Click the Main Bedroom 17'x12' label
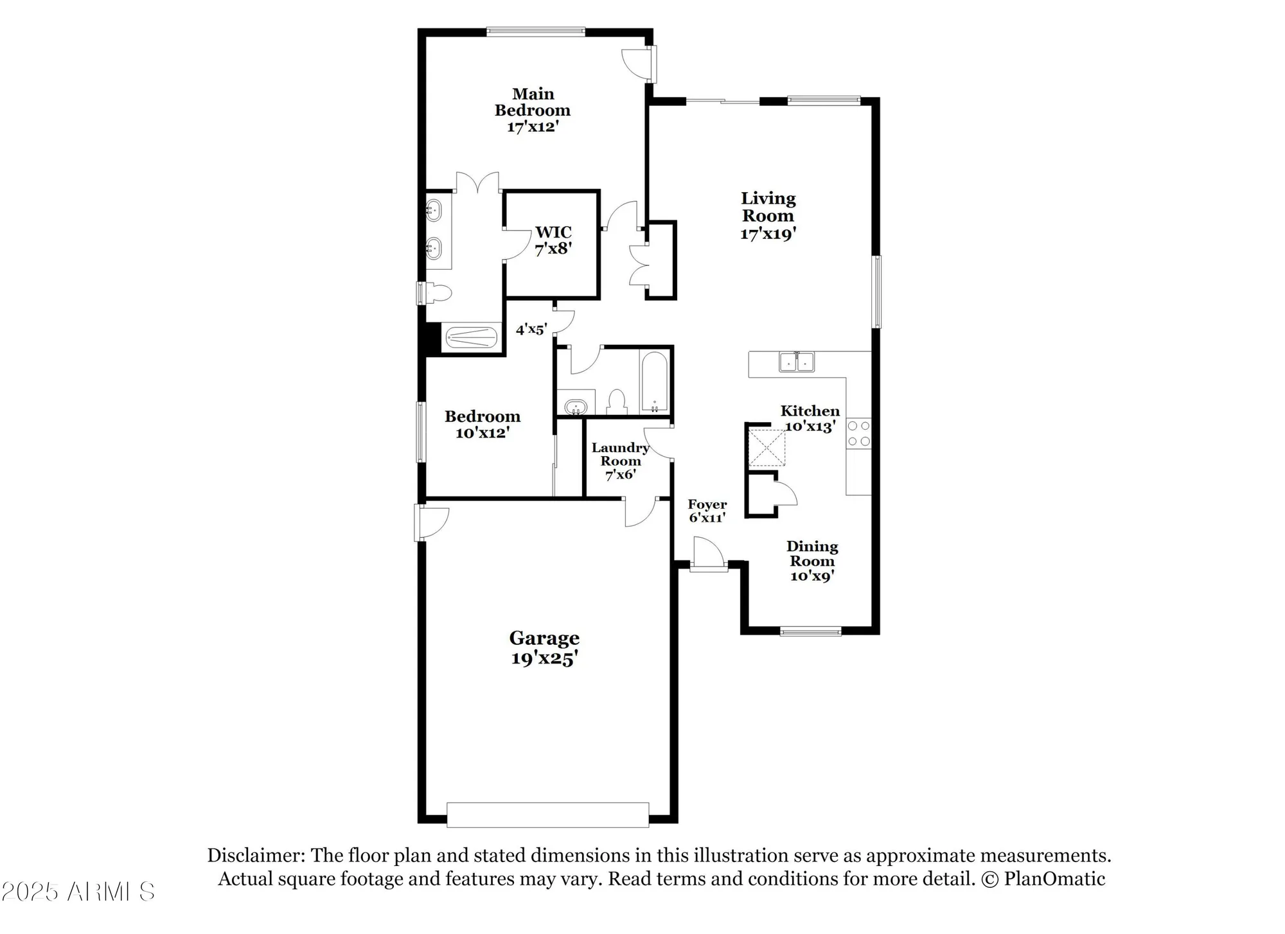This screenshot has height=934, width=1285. [x=533, y=110]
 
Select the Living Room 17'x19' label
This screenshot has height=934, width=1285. [x=768, y=216]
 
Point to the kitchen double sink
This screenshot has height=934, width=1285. [x=796, y=362]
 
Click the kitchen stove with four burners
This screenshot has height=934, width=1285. [x=858, y=434]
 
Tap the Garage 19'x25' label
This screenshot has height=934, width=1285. [x=544, y=648]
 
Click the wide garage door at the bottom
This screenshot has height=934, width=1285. [x=547, y=814]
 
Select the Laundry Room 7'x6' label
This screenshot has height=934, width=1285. [x=620, y=461]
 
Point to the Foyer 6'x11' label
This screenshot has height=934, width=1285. [x=707, y=511]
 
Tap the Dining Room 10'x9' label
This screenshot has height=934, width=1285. [x=811, y=561]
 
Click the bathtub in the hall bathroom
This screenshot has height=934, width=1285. [x=655, y=382]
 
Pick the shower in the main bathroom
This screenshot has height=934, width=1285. [x=471, y=337]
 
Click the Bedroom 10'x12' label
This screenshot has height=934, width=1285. [x=482, y=424]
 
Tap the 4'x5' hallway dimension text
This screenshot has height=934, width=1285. [x=531, y=330]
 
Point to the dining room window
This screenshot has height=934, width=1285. [x=810, y=631]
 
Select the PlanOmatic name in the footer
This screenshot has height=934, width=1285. [x=1054, y=879]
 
